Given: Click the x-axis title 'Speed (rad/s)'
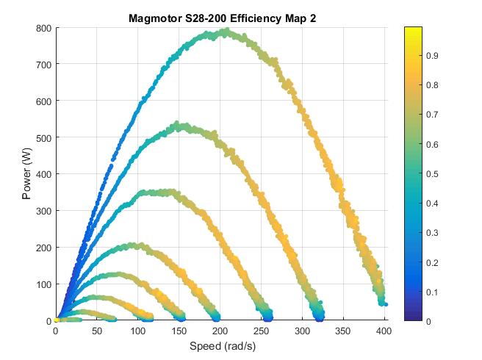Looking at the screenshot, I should point(220,346).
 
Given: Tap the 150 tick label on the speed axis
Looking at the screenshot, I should point(179,331).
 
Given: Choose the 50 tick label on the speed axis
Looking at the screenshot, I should point(96,331).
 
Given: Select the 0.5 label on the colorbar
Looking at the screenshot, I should point(433,174).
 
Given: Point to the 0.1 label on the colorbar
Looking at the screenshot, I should point(433,292).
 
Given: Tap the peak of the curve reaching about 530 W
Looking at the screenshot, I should point(179,126).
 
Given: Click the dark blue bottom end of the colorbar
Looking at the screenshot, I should point(412,318).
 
